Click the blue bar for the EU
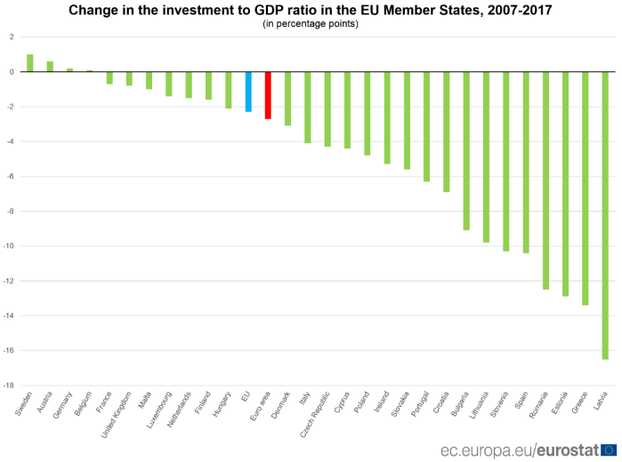point(248,92)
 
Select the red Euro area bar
point(268,95)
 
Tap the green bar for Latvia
point(605,215)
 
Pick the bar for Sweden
point(29,63)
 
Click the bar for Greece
point(586,188)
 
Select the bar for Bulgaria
point(466,150)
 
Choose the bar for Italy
point(308,107)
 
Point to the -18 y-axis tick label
point(9,385)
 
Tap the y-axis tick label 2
point(12,37)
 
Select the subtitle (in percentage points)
point(311,24)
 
